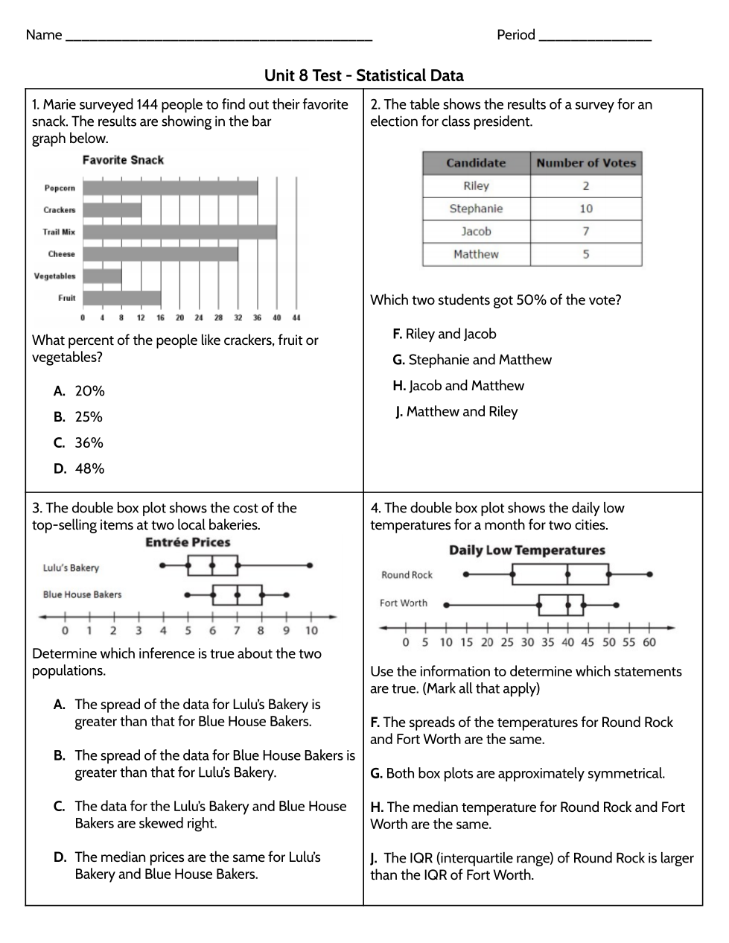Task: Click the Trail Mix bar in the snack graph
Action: tap(179, 232)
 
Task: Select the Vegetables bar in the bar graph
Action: tap(102, 276)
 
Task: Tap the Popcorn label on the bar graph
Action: tap(60, 188)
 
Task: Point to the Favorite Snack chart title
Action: tap(123, 160)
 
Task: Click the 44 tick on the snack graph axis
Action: tap(296, 318)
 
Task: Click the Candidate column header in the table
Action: tap(476, 163)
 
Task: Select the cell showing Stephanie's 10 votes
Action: tap(586, 209)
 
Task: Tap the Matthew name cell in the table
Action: tap(476, 255)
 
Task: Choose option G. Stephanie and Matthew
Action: tap(472, 360)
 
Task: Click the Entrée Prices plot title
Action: tap(188, 543)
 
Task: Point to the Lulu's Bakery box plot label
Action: tap(71, 568)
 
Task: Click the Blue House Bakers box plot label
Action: tap(82, 595)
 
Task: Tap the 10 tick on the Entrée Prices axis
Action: tap(311, 631)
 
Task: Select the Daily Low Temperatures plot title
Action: tap(526, 550)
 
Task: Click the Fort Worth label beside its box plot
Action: tap(404, 603)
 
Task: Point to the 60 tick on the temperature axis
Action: tap(649, 642)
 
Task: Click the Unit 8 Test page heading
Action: tap(363, 76)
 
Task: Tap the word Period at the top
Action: tap(516, 35)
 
